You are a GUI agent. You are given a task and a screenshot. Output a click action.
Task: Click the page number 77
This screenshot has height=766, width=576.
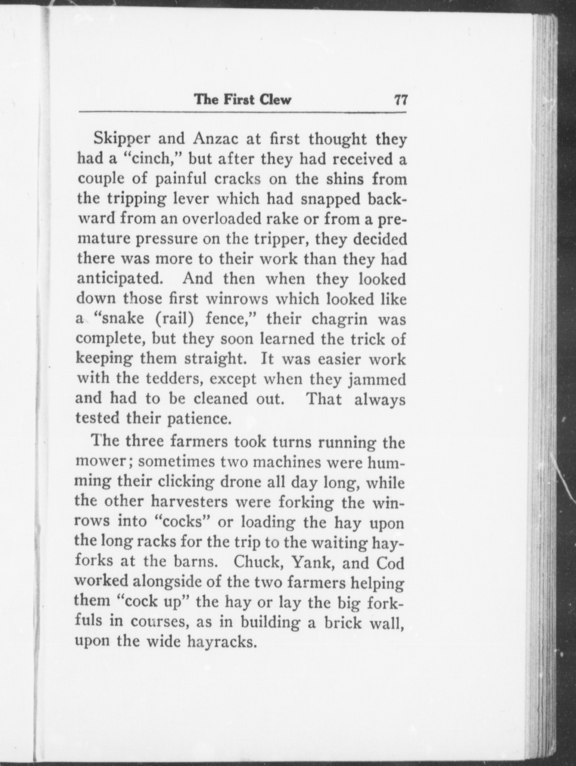(400, 100)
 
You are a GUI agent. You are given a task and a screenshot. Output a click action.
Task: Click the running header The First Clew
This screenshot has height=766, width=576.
(242, 100)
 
